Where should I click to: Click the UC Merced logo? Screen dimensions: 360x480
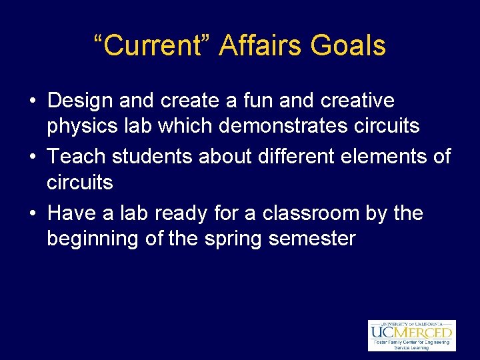coord(411,335)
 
